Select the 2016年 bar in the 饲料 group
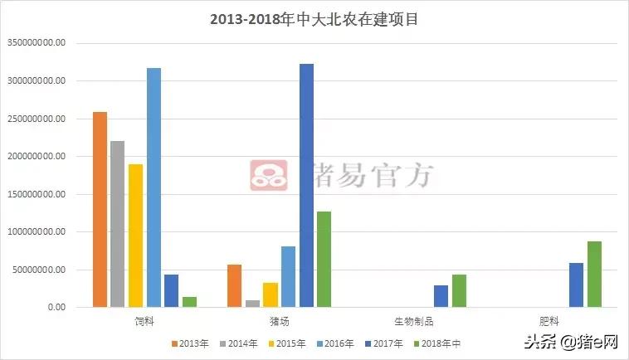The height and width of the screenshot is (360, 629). (x=154, y=187)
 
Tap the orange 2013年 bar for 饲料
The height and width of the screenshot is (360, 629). (x=100, y=209)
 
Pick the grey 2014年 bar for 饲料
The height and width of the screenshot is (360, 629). (x=117, y=224)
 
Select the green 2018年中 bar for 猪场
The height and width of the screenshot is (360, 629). (x=324, y=259)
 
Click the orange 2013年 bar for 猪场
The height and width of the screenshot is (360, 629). (x=235, y=285)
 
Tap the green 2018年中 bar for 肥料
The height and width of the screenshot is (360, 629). (x=594, y=274)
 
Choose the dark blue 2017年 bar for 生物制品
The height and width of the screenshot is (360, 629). (x=441, y=296)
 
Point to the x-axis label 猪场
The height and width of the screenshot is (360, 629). (x=279, y=319)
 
